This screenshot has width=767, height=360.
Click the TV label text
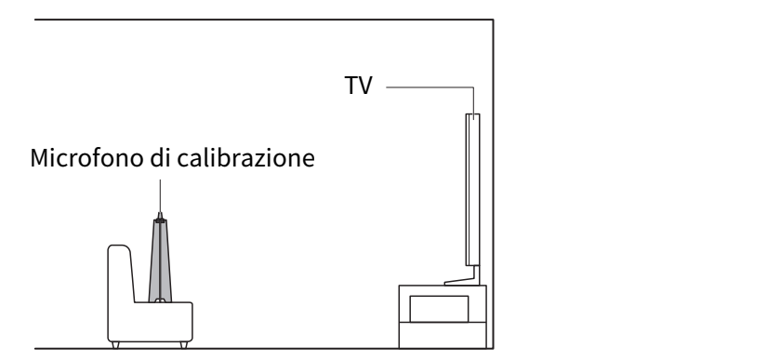tap(358, 86)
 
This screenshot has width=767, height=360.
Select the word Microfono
tap(88, 158)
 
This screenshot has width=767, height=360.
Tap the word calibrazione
tap(246, 158)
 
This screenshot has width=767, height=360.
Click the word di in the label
tap(161, 158)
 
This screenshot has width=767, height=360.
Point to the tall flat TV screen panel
tap(472, 190)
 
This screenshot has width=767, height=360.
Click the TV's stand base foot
tap(462, 282)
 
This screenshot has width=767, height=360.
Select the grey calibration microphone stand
tap(160, 260)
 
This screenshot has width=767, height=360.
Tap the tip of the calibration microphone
tap(160, 213)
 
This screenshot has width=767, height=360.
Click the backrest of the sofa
tap(120, 273)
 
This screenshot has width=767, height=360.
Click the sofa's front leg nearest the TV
tap(184, 345)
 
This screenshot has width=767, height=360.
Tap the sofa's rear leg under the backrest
tap(115, 345)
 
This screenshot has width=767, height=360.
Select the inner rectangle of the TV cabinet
tap(439, 309)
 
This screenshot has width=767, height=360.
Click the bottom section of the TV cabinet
tap(443, 335)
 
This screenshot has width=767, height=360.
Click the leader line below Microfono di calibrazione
tap(160, 195)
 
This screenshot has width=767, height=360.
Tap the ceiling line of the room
tap(264, 20)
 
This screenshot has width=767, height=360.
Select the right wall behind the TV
tap(493, 184)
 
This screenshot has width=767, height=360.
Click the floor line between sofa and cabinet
tap(296, 349)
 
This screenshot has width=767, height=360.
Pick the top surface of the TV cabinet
tap(443, 286)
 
